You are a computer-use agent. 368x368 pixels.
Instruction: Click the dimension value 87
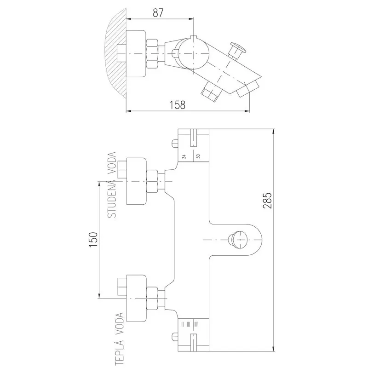pyautogui.click(x=158, y=13)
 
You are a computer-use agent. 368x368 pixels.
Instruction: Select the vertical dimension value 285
pyautogui.click(x=269, y=201)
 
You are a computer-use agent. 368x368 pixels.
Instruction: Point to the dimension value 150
pyautogui.click(x=92, y=239)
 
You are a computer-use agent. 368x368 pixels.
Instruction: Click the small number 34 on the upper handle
pyautogui.click(x=184, y=156)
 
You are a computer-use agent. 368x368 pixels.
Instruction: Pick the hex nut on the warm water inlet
pyautogui.click(x=153, y=298)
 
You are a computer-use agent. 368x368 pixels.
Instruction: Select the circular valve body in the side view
pyautogui.click(x=192, y=54)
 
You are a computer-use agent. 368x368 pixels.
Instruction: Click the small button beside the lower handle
pyautogui.click(x=174, y=336)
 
